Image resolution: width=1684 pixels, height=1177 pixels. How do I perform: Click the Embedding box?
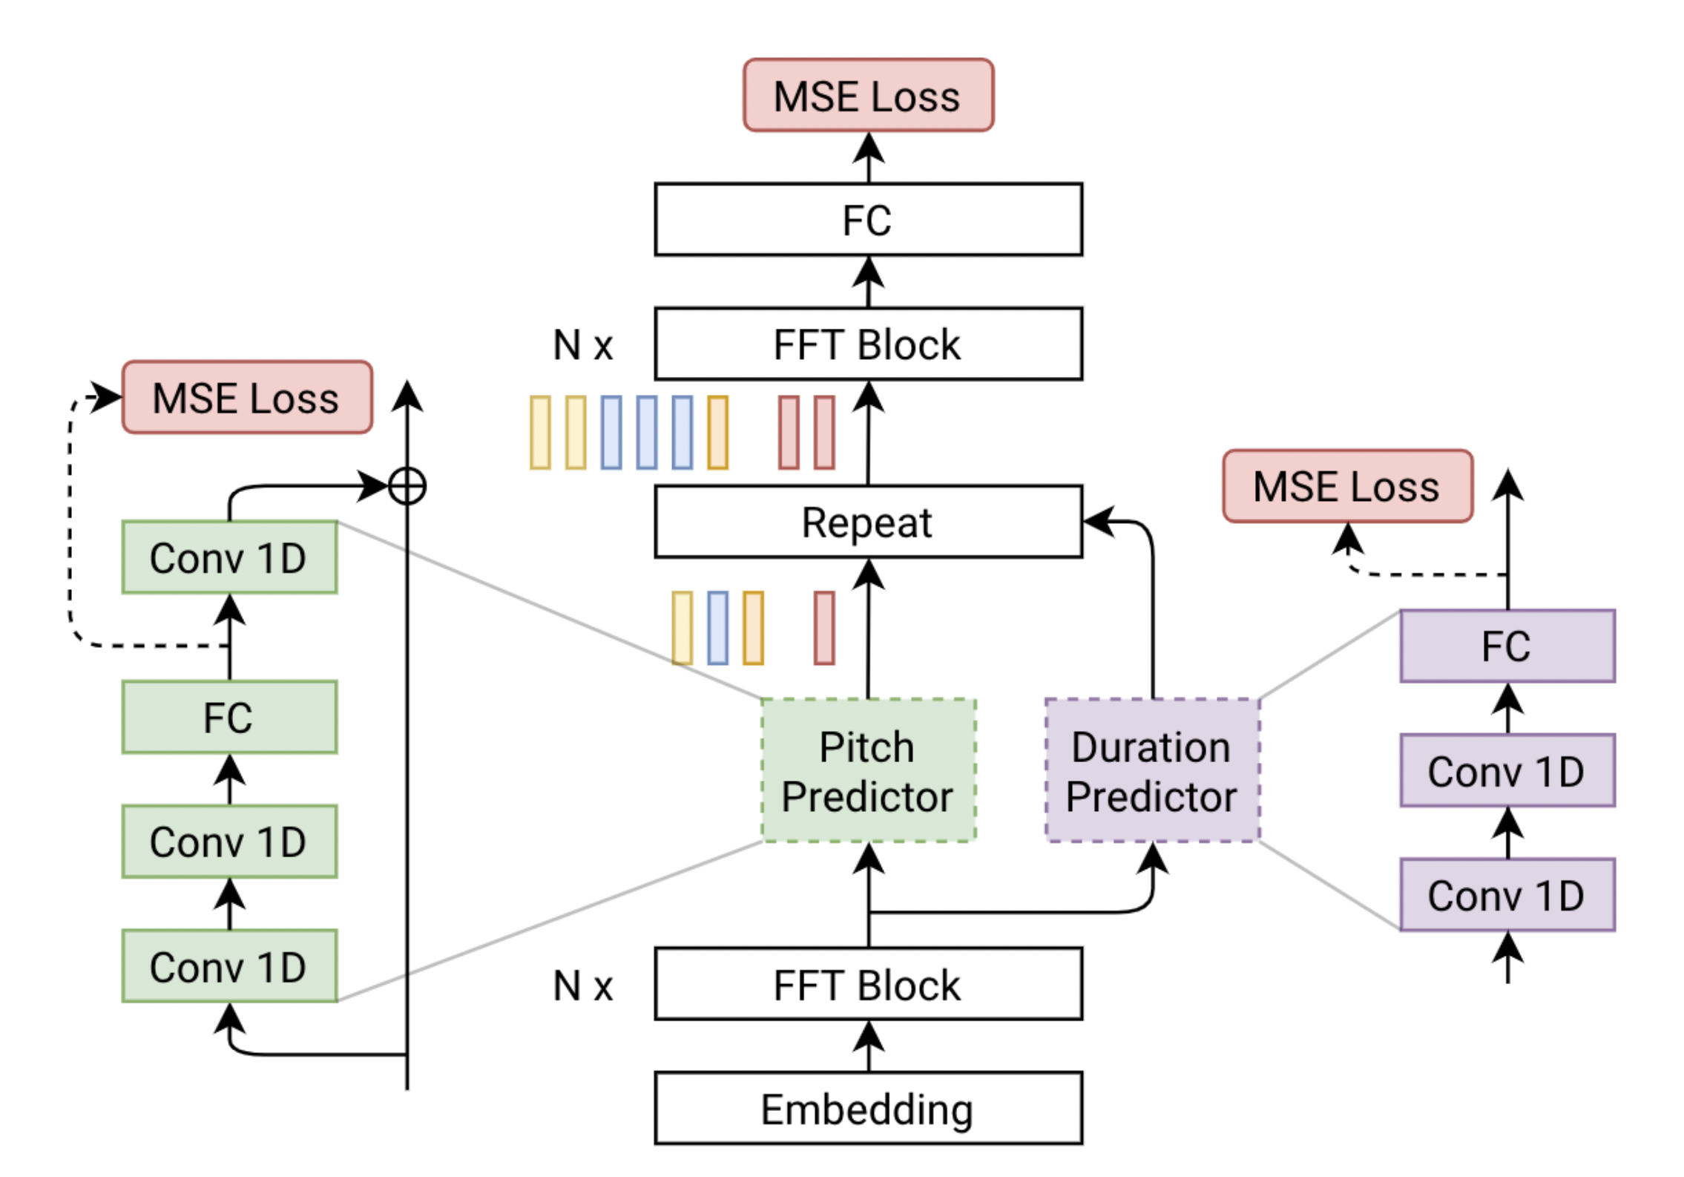click(867, 1108)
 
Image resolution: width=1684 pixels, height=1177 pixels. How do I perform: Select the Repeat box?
click(867, 522)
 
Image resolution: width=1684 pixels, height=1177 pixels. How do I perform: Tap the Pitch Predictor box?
click(868, 770)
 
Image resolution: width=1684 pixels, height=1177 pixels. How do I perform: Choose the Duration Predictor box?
click(1151, 770)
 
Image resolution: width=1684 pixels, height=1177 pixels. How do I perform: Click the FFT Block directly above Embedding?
click(867, 983)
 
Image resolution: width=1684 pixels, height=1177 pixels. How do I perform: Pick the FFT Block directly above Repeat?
click(867, 344)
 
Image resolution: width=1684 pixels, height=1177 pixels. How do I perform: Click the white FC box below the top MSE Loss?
click(867, 219)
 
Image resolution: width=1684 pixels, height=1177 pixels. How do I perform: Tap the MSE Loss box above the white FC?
click(867, 95)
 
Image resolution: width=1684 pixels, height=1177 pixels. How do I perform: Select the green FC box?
click(229, 717)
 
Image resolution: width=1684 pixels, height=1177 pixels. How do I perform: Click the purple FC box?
click(1507, 646)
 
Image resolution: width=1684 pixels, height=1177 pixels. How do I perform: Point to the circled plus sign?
click(407, 487)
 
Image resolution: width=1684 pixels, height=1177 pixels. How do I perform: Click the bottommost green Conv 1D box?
click(229, 965)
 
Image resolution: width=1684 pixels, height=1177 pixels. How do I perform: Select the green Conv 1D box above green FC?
click(229, 557)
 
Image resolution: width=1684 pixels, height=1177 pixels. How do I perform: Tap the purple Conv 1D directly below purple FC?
click(1507, 770)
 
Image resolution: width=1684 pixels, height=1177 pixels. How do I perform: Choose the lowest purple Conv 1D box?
click(1507, 894)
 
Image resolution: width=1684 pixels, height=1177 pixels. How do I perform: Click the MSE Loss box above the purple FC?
click(1346, 486)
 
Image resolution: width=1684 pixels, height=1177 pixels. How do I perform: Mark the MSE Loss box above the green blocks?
click(246, 397)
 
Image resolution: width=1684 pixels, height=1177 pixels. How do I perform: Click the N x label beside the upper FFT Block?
click(583, 345)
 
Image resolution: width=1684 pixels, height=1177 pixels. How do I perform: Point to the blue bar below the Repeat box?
click(717, 628)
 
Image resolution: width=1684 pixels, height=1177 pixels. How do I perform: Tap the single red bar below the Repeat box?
click(823, 628)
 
